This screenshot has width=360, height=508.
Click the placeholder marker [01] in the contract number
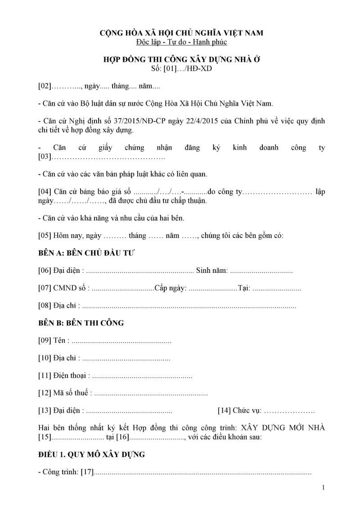(171, 69)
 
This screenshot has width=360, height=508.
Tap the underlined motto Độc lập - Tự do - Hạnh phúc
(181, 42)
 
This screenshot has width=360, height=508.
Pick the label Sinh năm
(211, 271)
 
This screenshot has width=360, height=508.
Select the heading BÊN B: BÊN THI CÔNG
(81, 323)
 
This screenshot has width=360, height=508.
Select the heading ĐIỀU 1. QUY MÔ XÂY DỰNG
(92, 455)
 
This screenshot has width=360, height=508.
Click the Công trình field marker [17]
(86, 472)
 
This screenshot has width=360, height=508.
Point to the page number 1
(323, 487)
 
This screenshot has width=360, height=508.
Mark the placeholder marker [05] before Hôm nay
(45, 236)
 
